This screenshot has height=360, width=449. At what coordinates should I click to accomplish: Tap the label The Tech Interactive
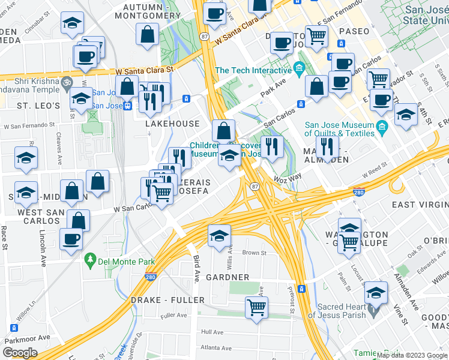[x=253, y=70]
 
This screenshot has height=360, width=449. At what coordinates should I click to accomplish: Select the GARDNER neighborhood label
[x=228, y=277]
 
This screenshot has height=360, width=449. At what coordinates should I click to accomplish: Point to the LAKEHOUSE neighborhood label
[x=172, y=124]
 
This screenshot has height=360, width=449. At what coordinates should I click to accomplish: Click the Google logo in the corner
[x=20, y=352]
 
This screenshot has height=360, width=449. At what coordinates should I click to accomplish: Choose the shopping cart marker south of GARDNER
[x=256, y=307]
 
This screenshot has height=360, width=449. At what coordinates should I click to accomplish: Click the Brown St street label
[x=255, y=253]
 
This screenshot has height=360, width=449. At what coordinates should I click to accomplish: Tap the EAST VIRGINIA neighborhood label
[x=420, y=205]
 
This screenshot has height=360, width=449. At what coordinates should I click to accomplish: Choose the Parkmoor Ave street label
[x=27, y=338]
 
